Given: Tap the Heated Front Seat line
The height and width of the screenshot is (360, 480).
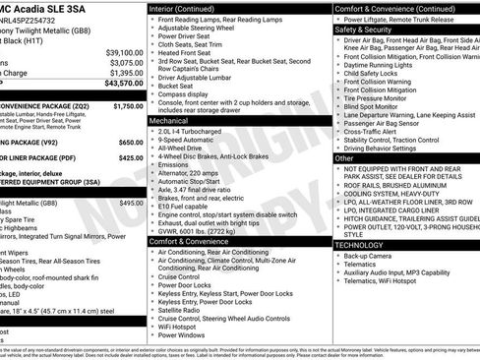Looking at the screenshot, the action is click(x=194, y=51).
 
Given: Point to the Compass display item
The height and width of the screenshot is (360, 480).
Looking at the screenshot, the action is click(x=189, y=93).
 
